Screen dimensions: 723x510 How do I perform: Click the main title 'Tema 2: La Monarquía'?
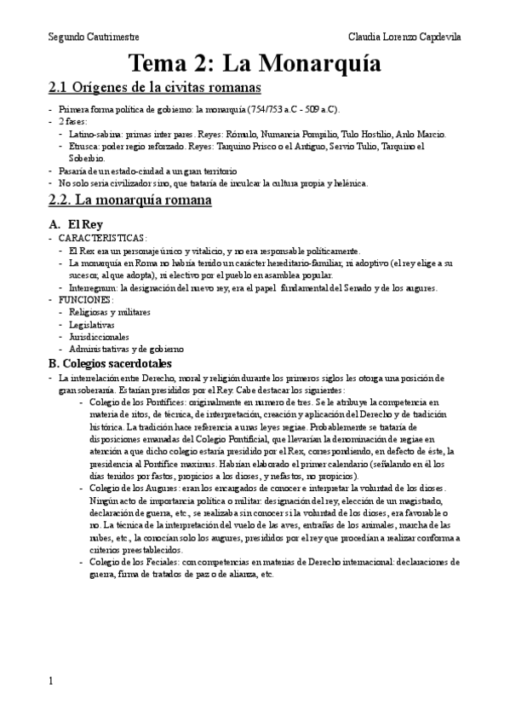255,63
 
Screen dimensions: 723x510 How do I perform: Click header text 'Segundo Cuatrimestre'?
94,38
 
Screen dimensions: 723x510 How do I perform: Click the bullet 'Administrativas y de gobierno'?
126,349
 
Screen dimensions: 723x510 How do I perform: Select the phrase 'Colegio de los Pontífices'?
135,401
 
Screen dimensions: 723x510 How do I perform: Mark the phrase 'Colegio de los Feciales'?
132,563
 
